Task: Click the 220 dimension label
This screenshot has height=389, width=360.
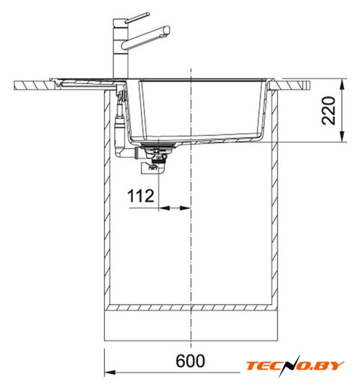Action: click(x=328, y=111)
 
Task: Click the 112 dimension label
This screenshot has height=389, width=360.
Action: click(x=141, y=196)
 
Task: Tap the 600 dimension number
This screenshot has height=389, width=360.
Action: click(x=190, y=360)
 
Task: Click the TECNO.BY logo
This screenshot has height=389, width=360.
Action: click(x=295, y=366)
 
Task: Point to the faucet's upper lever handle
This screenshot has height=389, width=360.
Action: click(x=137, y=18)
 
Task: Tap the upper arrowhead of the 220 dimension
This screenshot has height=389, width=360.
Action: click(x=342, y=84)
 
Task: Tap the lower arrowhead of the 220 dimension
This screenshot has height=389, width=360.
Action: click(x=342, y=137)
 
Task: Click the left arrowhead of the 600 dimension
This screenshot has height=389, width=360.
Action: click(x=110, y=373)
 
